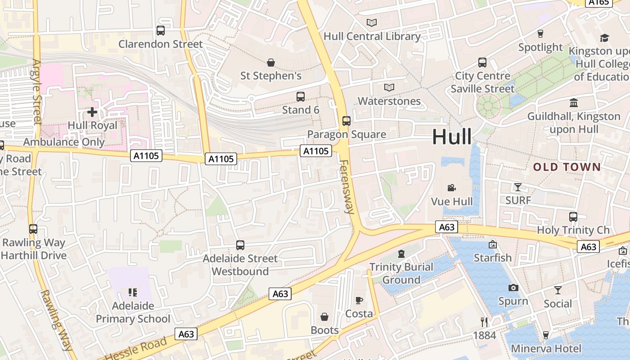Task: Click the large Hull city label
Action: (x=452, y=137)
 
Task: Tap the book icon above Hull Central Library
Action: (x=372, y=22)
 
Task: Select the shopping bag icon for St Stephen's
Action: (x=271, y=63)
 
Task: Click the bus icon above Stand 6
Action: (x=300, y=96)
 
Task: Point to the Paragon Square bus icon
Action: (x=346, y=121)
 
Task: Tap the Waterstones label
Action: (x=389, y=101)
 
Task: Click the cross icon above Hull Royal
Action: (x=92, y=112)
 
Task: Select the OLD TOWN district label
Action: (x=567, y=167)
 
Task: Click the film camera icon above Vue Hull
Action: (x=452, y=188)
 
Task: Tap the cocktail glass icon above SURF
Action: (x=518, y=187)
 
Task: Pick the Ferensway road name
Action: (x=347, y=186)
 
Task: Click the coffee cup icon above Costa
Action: (x=359, y=300)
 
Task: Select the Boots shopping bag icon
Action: (x=324, y=317)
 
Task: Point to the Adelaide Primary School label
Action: (x=133, y=312)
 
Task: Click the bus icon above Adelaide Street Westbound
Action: (x=240, y=245)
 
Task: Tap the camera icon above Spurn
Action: (x=513, y=288)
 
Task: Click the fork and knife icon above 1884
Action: (x=484, y=322)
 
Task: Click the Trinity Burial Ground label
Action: (x=401, y=273)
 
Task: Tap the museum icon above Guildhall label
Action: (x=574, y=103)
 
